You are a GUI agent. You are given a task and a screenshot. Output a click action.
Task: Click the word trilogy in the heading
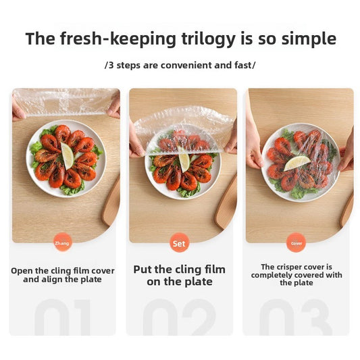(208, 39)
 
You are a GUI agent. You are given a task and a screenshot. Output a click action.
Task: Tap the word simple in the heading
(309, 39)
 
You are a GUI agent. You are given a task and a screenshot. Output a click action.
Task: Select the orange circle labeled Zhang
(62, 243)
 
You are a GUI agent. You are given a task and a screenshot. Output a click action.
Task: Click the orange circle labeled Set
(179, 243)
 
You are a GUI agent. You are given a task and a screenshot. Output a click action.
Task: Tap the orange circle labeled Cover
(297, 243)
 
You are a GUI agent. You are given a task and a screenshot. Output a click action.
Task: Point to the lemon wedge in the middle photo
(184, 163)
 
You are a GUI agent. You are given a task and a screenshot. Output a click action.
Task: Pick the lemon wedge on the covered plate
(297, 163)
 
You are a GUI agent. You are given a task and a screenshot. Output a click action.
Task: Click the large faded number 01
(62, 317)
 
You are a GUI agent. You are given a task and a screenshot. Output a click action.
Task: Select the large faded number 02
(179, 317)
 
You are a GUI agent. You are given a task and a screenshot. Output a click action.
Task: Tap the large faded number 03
(296, 317)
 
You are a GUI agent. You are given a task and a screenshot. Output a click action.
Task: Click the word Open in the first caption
(22, 271)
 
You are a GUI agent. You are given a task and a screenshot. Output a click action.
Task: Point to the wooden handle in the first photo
(111, 201)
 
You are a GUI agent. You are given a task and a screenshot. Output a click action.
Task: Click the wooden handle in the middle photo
(226, 202)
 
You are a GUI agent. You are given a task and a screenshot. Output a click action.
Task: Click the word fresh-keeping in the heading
(118, 39)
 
